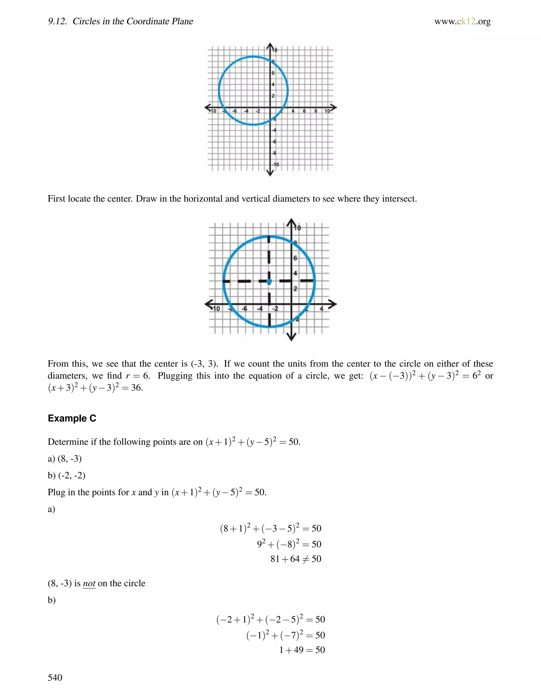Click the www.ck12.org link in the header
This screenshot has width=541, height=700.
[x=462, y=21]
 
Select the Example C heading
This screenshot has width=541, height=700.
[x=72, y=418]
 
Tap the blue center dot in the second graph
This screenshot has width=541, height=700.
[x=269, y=281]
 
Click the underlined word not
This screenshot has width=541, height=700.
[x=89, y=583]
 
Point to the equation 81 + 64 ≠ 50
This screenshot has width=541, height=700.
[x=296, y=559]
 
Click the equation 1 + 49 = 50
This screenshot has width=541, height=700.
[x=302, y=650]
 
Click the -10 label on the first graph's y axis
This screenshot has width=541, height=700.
[x=275, y=164]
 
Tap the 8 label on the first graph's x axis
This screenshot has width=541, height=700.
[x=316, y=111]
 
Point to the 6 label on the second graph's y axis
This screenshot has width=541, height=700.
[x=295, y=258]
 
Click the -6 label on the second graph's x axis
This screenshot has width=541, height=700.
[x=245, y=309]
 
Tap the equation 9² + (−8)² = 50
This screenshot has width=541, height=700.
[x=289, y=544]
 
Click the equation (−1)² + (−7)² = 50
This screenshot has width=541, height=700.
[x=285, y=635]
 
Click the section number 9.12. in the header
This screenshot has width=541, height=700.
[x=57, y=21]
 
